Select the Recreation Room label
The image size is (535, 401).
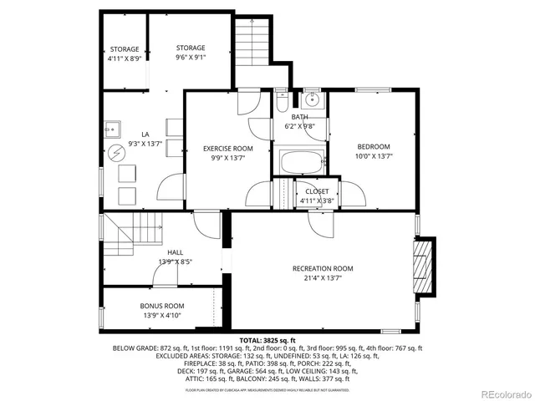coord(323,268)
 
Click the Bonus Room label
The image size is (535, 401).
coord(162,306)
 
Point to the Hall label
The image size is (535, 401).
coord(175,251)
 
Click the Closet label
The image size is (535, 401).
coord(317,191)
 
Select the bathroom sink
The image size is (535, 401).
coord(312,100)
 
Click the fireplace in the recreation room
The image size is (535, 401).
coord(425,266)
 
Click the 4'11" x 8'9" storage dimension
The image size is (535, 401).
coord(125,59)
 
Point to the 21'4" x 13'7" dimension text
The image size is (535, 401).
coord(323,278)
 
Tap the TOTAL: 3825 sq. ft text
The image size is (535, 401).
coord(267,341)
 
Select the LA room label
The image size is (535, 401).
coord(145,134)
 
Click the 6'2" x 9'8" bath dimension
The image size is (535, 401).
coord(300,126)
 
